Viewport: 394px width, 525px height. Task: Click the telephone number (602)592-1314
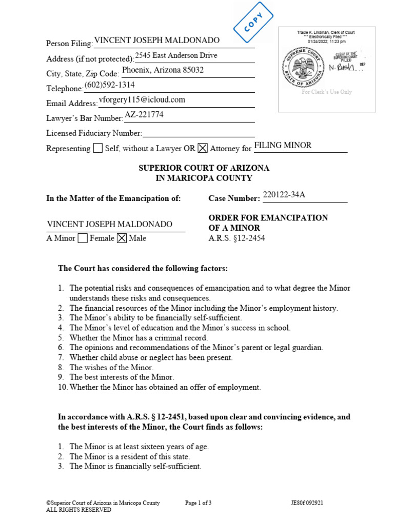point(110,85)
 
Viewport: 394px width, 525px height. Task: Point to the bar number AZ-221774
point(144,115)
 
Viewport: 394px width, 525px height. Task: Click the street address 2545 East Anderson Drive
point(176,55)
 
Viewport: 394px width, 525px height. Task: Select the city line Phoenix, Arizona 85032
point(163,70)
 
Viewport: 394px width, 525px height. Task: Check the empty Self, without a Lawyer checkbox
point(97,148)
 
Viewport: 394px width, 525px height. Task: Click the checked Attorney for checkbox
point(203,148)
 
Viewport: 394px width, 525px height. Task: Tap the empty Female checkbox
point(82,238)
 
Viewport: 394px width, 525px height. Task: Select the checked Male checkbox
point(122,238)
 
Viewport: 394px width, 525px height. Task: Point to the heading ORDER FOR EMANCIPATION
point(268,218)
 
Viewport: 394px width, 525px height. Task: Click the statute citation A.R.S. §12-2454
point(237,238)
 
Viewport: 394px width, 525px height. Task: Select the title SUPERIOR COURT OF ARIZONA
point(204,168)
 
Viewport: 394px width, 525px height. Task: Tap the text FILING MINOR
point(283,145)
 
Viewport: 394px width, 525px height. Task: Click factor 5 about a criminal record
point(139,338)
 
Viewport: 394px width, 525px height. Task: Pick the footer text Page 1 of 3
point(198,503)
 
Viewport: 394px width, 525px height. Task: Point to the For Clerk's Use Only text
point(327,92)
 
